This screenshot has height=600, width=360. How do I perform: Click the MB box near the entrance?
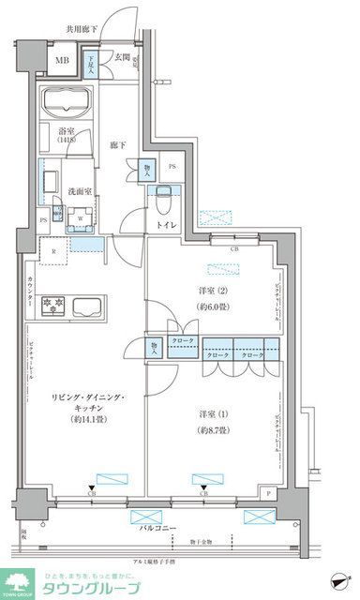pos(61,63)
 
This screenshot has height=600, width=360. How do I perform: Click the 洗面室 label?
pos(77,193)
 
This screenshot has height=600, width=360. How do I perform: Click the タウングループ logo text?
pos(90,588)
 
